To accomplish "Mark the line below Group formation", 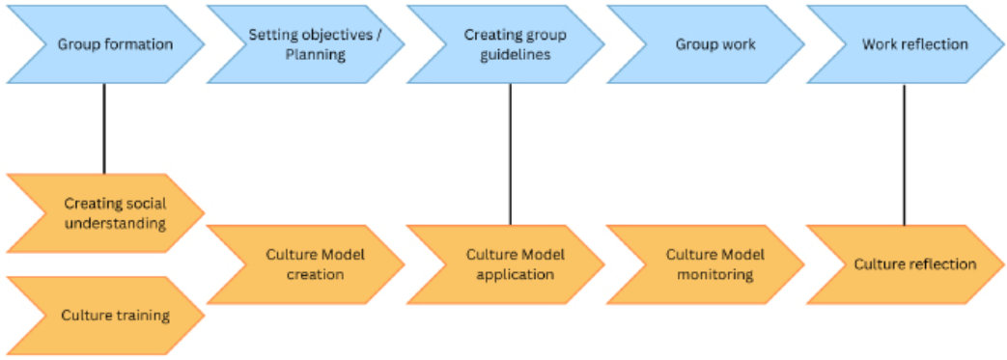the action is pos(104,129).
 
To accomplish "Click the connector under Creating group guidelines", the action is pos(511,154).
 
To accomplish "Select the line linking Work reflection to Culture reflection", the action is pos(905,154).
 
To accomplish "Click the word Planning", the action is pos(315,55).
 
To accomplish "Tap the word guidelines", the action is pos(517,55).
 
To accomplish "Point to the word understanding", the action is pos(115,224).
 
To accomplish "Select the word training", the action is pos(140,316).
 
